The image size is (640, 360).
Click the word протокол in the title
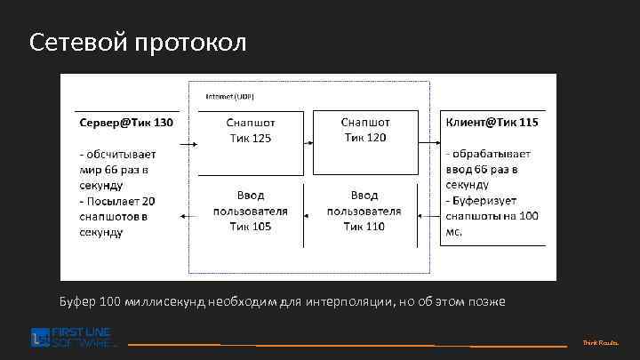pos(190,43)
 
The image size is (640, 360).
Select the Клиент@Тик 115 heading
pos(492,122)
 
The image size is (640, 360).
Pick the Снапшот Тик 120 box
pos(365,129)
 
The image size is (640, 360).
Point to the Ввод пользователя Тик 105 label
pos(250,211)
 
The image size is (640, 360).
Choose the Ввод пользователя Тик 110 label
pos(364,211)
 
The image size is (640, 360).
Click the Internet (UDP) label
pos(229,95)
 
